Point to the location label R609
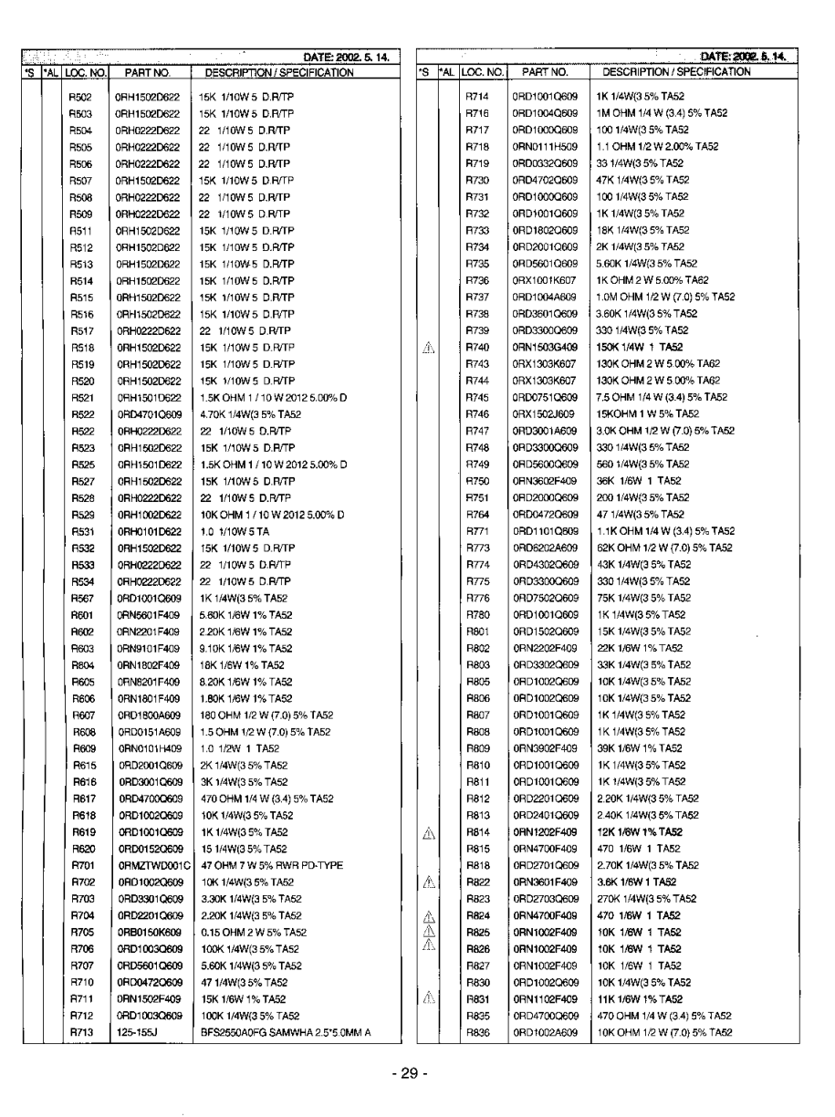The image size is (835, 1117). pos(82,748)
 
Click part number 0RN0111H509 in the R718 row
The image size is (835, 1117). pos(544,146)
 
